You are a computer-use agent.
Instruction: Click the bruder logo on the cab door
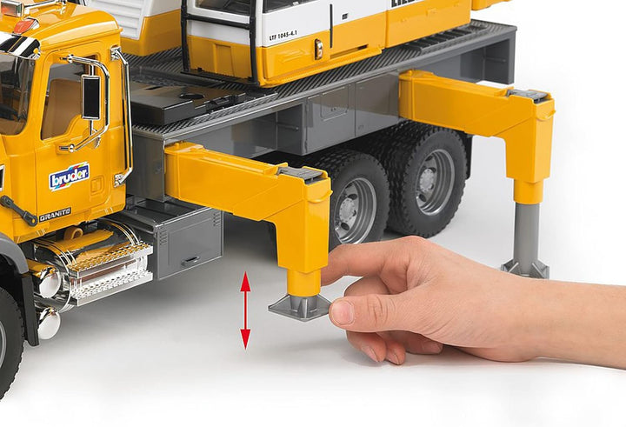pyautogui.click(x=69, y=177)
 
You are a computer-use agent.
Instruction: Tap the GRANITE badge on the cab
pyautogui.click(x=54, y=214)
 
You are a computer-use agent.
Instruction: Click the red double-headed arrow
pyautogui.click(x=245, y=310)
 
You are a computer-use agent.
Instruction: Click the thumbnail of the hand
pyautogui.click(x=342, y=311)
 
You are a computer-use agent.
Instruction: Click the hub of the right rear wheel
pyautogui.click(x=434, y=181)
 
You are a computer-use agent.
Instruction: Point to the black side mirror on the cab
pyautogui.click(x=91, y=97)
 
